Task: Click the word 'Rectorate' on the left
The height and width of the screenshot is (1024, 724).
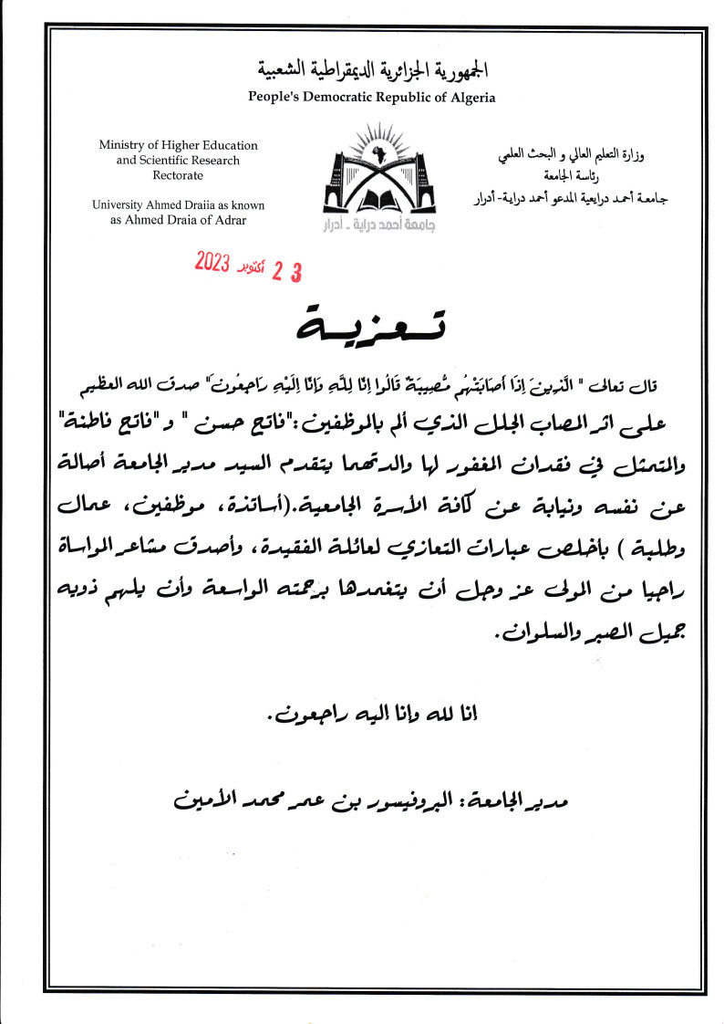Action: [x=178, y=175]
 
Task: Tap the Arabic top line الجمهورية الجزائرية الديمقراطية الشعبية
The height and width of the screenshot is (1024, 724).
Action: [x=372, y=70]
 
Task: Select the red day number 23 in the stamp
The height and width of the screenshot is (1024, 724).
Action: [x=286, y=272]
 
